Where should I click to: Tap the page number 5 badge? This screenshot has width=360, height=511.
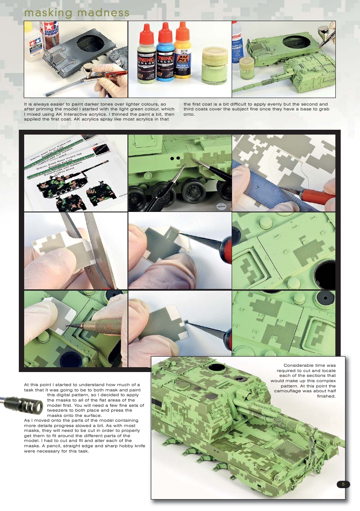point(343,484)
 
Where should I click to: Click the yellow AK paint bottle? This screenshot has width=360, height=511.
point(182,55)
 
